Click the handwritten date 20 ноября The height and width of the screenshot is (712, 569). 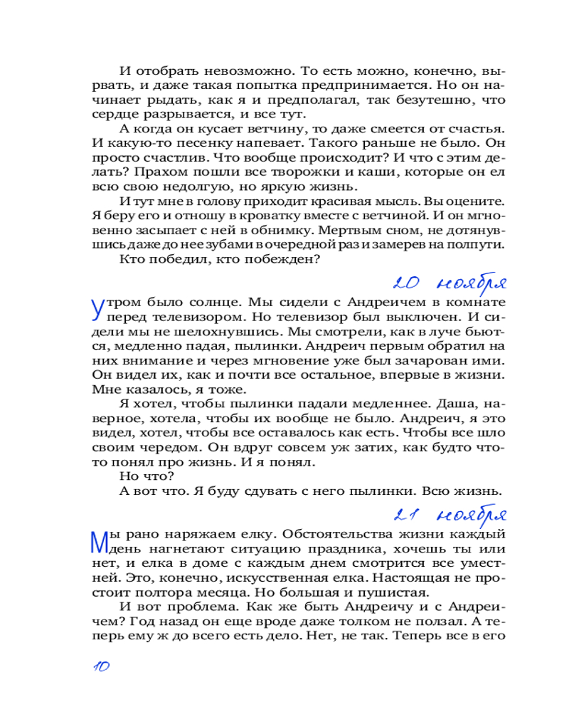tap(450, 283)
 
